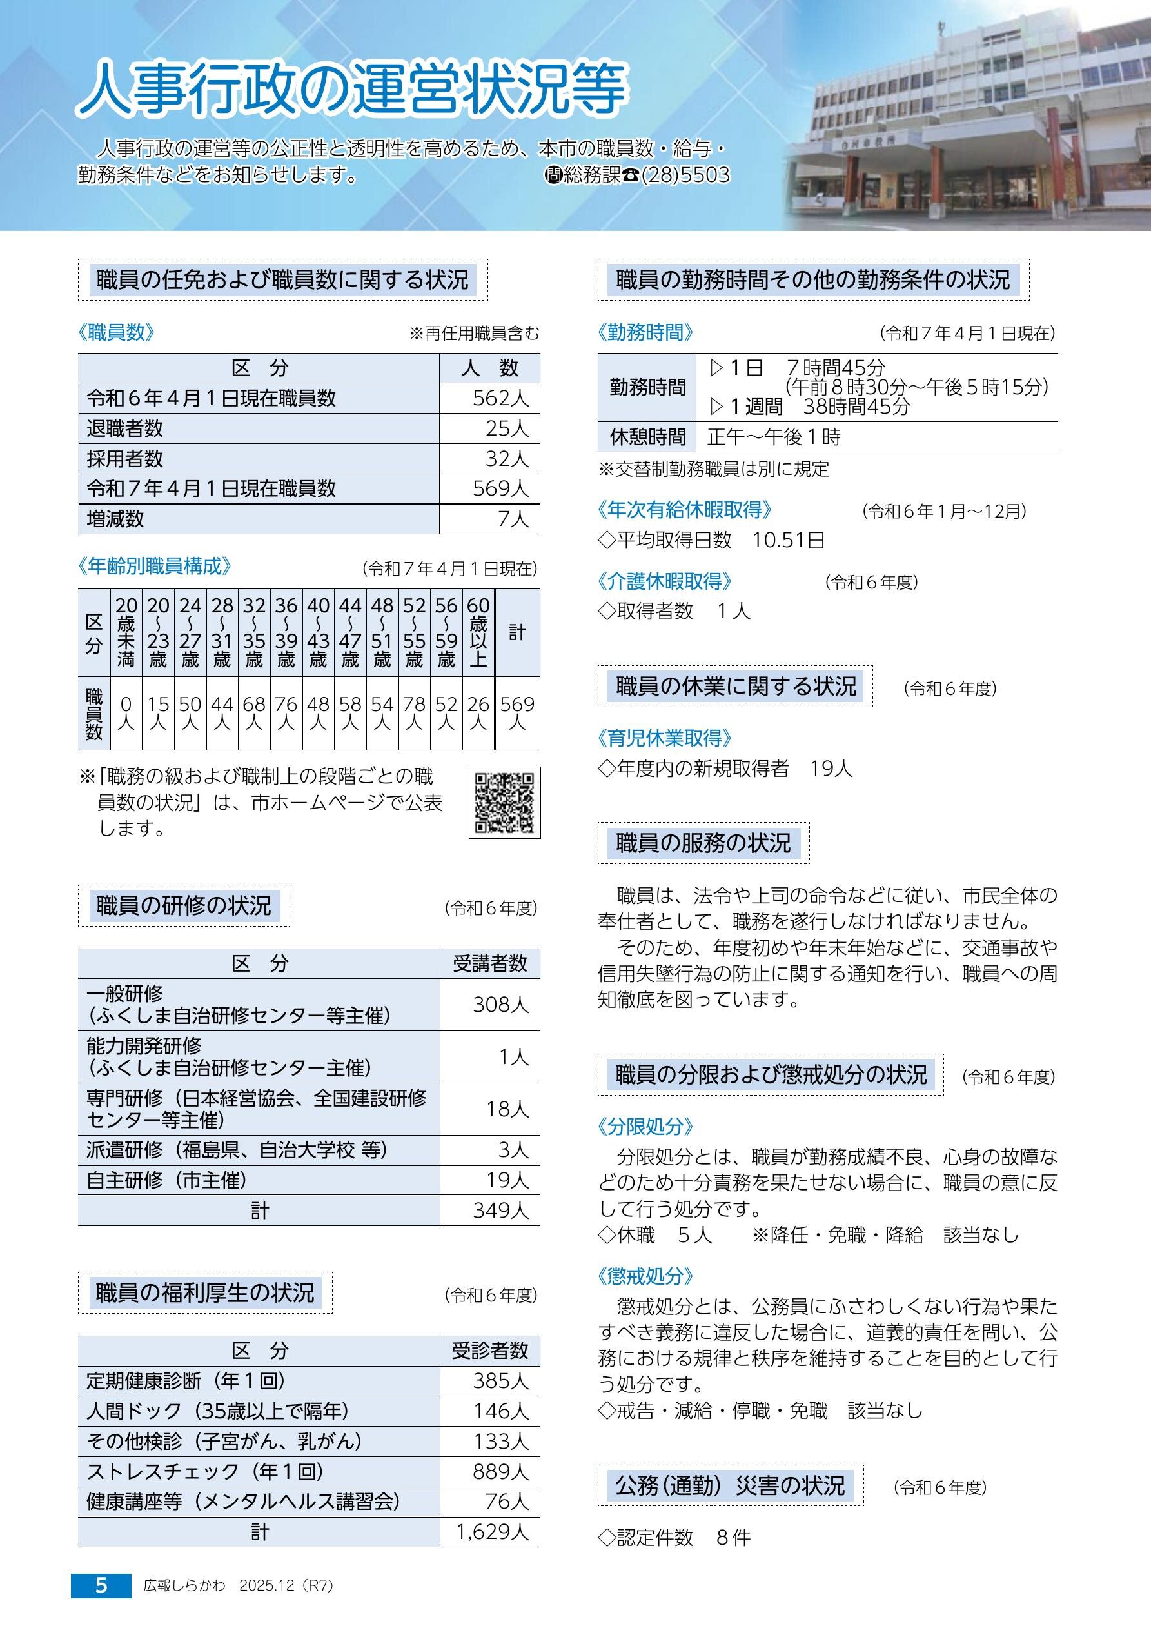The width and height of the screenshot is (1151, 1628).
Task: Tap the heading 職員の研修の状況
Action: tap(184, 905)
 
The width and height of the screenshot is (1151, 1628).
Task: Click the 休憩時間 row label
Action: tap(647, 437)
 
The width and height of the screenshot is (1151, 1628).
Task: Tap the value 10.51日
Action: tap(789, 540)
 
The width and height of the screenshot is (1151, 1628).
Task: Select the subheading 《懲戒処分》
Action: tap(645, 1276)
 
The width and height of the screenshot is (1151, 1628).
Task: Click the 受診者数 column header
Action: tap(490, 1351)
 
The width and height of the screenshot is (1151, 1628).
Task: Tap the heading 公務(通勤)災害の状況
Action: tap(731, 1485)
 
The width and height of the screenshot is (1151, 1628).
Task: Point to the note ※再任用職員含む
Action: tap(474, 333)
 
